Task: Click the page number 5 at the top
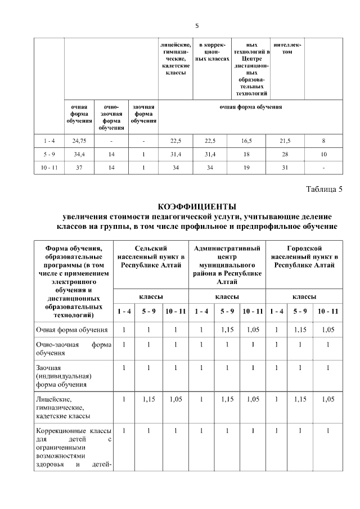coord(197,25)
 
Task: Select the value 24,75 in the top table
coord(78,140)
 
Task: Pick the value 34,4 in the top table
coord(78,154)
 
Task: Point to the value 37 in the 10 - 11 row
coord(78,167)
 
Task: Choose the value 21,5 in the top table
coord(287,140)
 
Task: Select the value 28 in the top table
coord(287,154)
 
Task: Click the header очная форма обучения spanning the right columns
coord(250,107)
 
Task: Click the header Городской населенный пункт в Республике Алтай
coord(304,256)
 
